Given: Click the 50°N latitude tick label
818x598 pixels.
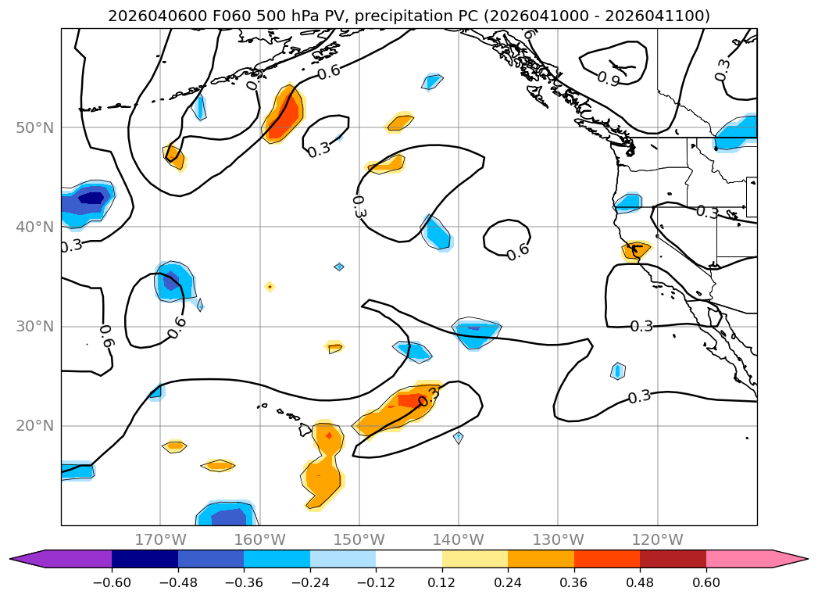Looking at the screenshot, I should point(34,127).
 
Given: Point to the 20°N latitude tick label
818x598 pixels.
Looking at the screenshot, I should point(34,426).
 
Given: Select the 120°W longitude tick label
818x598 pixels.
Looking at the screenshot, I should point(657,539).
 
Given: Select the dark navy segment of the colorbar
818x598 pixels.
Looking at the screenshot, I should point(145,559).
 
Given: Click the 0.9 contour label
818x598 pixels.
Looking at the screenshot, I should point(609,78).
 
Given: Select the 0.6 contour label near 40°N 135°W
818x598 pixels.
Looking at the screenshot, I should point(518,253).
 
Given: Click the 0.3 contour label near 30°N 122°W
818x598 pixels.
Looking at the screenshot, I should point(641,326).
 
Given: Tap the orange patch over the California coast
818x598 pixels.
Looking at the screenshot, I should point(636,250).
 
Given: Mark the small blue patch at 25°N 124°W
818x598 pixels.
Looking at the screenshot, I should point(617,371).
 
